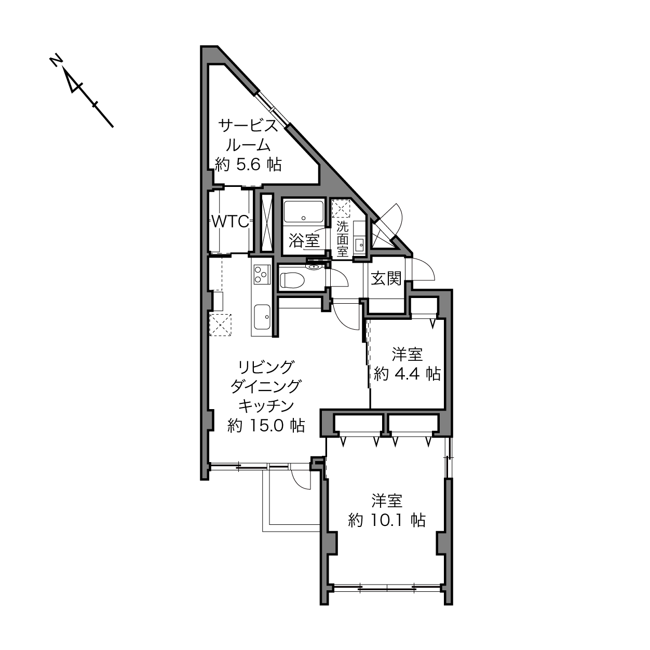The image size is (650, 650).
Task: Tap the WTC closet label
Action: (x=231, y=222)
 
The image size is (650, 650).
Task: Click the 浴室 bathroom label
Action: (x=304, y=241)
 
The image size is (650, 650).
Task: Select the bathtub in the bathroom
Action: (x=304, y=211)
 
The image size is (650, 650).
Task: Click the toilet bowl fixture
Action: (x=292, y=280)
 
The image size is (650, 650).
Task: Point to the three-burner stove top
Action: (x=262, y=275)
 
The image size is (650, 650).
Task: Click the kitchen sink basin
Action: (x=262, y=317)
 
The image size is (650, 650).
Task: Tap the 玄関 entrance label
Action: (x=386, y=279)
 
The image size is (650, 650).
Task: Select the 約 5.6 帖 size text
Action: (x=248, y=165)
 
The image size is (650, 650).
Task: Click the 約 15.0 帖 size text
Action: (x=266, y=426)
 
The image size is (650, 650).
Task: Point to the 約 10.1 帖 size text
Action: (x=387, y=521)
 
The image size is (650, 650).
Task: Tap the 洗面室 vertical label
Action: (x=342, y=239)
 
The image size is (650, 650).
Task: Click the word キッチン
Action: (x=266, y=406)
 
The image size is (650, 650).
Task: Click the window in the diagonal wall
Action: (x=273, y=110)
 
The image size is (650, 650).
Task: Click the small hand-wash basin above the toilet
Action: (x=314, y=267)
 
